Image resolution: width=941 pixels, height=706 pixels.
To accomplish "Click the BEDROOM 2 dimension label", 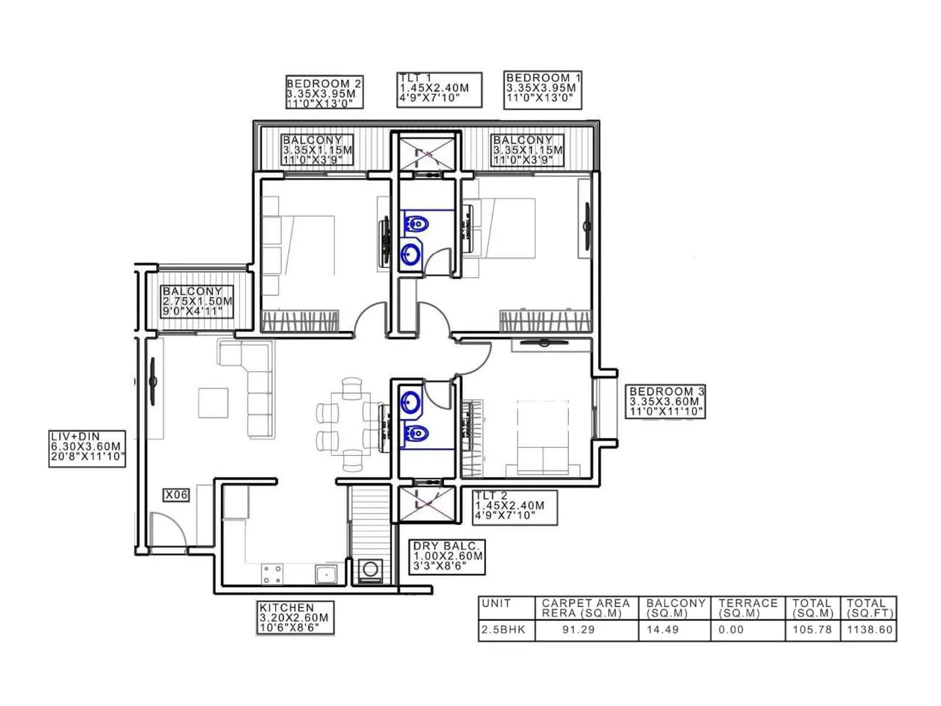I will pos(324,92).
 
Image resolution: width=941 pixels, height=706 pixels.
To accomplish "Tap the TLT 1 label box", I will pos(439,89).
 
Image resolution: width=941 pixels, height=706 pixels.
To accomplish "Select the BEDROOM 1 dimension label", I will pos(542,89).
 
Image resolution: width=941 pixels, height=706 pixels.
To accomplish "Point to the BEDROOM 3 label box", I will pos(666,402).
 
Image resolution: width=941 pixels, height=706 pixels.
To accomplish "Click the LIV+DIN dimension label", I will pos(87,448).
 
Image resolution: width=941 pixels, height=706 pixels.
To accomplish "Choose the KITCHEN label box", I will pos(296,618).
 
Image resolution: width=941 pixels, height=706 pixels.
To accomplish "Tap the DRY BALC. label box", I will pos(447,557).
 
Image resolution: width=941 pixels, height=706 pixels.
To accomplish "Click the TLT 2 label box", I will pos(514,507).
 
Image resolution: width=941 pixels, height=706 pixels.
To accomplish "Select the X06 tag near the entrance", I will pos(176,495).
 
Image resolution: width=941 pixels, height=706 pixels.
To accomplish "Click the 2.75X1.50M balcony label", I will pos(197,301).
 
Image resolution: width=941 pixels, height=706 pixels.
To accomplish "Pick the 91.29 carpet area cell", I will pos(578,630).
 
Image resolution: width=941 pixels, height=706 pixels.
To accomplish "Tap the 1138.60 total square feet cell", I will pos(870,630).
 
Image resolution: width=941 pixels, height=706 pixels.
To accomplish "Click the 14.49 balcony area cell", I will pos(662,630).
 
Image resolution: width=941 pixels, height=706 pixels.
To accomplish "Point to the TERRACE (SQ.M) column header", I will pos(748,608).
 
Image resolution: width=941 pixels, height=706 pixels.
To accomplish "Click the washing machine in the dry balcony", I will pos(370,570).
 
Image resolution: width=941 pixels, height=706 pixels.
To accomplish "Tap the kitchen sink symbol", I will pos(325,574).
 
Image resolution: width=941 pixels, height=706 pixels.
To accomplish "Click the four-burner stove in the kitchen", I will pos(272,574).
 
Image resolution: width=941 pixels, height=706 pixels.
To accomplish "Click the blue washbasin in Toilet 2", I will pos(410,402).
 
